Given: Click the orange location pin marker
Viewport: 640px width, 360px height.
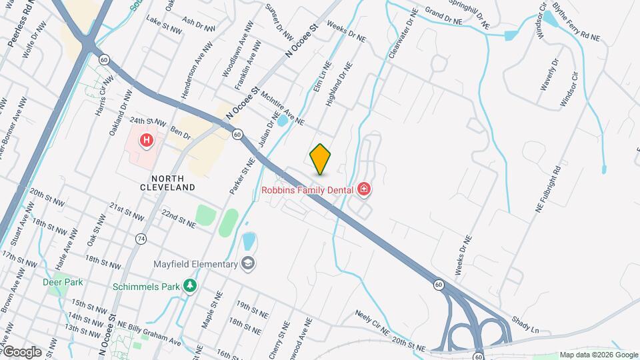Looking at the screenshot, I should click(x=320, y=159).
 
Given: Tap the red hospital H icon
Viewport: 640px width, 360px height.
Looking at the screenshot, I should click(x=146, y=141).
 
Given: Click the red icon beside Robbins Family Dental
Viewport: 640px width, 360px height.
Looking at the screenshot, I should click(x=364, y=190).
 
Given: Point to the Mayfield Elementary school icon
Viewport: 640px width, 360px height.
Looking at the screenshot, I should click(x=249, y=263).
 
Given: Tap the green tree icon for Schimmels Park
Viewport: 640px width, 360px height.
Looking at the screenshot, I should click(x=191, y=285).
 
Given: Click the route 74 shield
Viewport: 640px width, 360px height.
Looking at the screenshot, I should click(x=141, y=238).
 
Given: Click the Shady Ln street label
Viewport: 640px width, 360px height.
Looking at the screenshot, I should click(x=525, y=325).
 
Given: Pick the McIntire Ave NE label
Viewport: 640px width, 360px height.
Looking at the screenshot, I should click(x=283, y=109).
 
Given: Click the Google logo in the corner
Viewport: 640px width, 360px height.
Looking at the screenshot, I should click(x=21, y=351).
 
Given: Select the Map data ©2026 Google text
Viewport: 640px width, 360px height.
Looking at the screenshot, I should click(x=598, y=355).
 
